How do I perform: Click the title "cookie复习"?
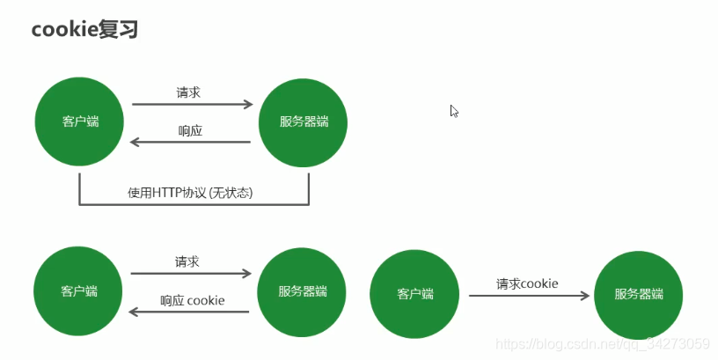[84, 29]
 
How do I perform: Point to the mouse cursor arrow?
[454, 111]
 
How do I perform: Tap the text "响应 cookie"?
[192, 300]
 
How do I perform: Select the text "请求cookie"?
[528, 283]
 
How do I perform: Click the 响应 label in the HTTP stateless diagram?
[190, 130]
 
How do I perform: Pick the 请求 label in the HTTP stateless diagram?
[190, 92]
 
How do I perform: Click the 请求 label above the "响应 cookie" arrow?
[187, 261]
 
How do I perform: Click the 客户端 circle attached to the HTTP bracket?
[80, 121]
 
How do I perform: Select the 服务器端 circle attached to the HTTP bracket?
[304, 121]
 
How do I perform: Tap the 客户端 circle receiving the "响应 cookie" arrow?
[79, 290]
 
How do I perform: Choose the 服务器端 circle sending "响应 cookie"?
[303, 290]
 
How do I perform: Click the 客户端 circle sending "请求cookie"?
[415, 294]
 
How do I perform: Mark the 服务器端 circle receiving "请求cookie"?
[639, 294]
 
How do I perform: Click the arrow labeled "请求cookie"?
[528, 296]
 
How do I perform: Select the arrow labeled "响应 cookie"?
[190, 312]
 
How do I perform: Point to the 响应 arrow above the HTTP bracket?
[190, 143]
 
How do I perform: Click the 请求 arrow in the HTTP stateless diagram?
[192, 105]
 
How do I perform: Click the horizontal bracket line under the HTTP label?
[194, 205]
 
